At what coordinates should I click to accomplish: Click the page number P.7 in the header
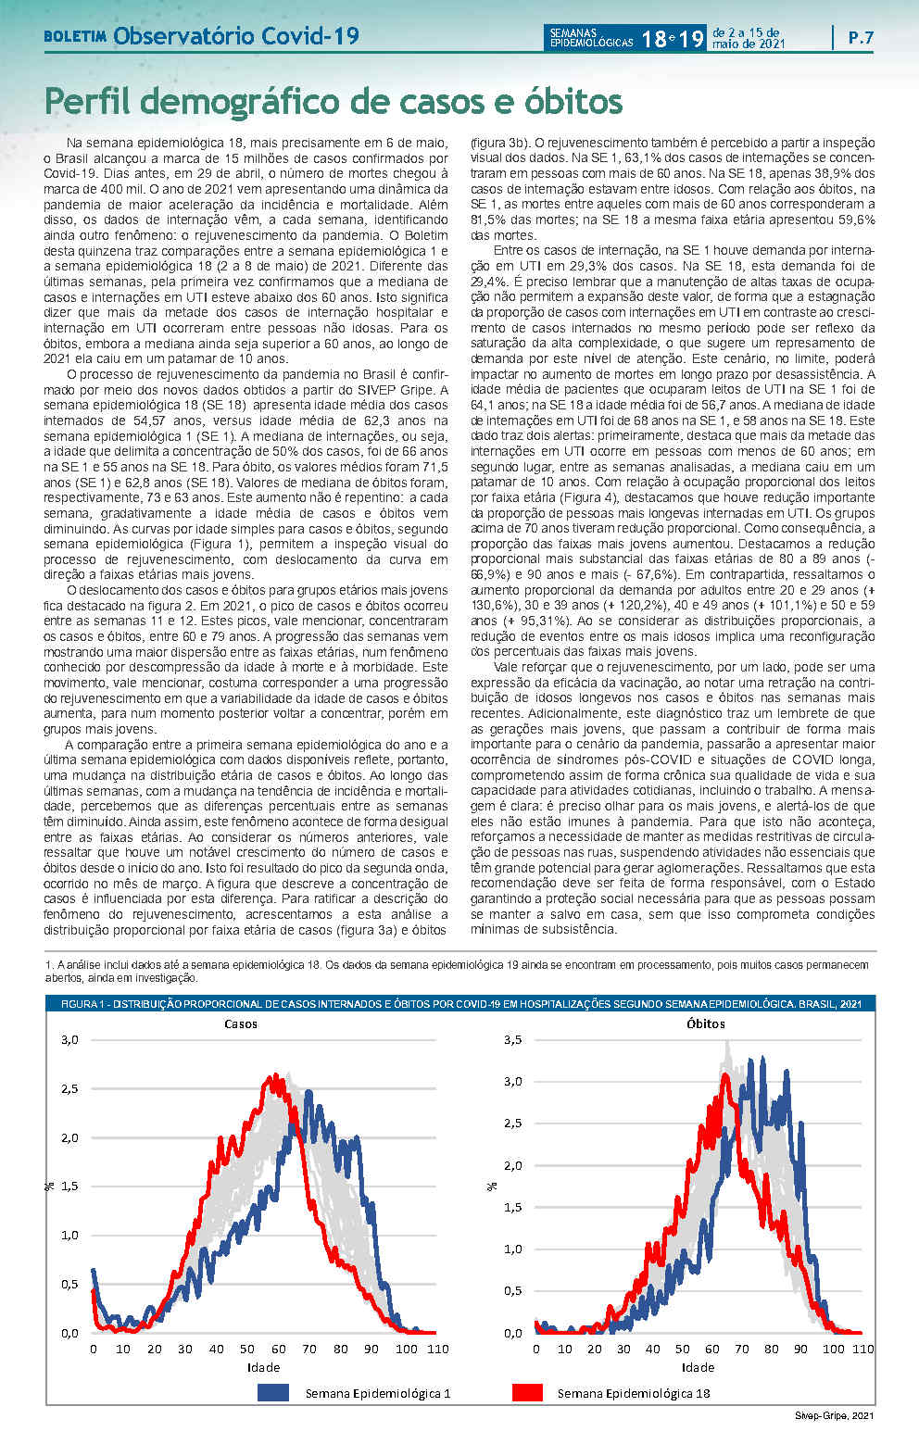click(x=861, y=38)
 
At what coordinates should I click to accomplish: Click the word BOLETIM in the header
click(x=75, y=38)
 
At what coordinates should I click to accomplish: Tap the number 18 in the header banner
click(x=651, y=39)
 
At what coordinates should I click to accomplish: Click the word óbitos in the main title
click(x=564, y=101)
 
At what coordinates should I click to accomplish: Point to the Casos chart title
click(x=241, y=1023)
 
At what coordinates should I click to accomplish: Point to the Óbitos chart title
click(x=706, y=1023)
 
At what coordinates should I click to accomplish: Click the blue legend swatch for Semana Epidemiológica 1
click(x=273, y=1392)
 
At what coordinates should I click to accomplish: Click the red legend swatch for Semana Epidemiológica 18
click(x=527, y=1392)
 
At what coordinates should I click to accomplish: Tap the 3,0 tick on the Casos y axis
click(x=69, y=1039)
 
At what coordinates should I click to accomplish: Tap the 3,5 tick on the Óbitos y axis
click(x=512, y=1039)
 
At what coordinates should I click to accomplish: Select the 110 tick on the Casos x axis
click(x=437, y=1349)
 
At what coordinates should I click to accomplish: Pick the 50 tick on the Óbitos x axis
click(x=683, y=1349)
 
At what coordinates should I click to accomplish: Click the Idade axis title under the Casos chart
click(x=263, y=1367)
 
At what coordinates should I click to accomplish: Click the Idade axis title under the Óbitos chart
click(x=698, y=1367)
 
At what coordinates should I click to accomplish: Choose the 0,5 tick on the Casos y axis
click(x=69, y=1284)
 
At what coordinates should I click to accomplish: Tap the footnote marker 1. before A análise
click(x=49, y=965)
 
